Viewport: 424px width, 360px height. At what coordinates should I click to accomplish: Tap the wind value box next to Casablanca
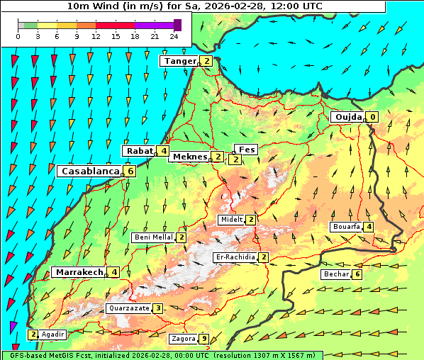tap(130, 171)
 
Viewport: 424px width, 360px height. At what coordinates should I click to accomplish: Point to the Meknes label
tap(189, 157)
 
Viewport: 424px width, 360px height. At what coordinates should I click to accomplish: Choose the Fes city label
tap(247, 150)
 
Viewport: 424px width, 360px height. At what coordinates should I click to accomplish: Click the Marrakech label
tap(78, 272)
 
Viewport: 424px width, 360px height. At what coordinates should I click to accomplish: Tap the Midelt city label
tap(231, 220)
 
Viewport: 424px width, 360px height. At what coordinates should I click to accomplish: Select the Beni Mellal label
tap(153, 237)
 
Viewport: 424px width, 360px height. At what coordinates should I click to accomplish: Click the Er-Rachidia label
tap(236, 257)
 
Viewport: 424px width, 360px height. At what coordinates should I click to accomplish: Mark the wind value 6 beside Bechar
tap(357, 274)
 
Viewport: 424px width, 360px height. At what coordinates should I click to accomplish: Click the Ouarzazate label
tap(128, 308)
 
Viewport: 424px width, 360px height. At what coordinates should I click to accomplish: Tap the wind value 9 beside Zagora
tap(204, 339)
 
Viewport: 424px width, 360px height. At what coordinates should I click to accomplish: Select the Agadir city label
tap(53, 334)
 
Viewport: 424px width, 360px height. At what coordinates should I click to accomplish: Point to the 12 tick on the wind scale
tap(96, 35)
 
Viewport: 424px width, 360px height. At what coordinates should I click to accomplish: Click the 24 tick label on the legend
tap(174, 35)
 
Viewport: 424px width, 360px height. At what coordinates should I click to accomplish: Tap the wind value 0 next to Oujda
tap(372, 117)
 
